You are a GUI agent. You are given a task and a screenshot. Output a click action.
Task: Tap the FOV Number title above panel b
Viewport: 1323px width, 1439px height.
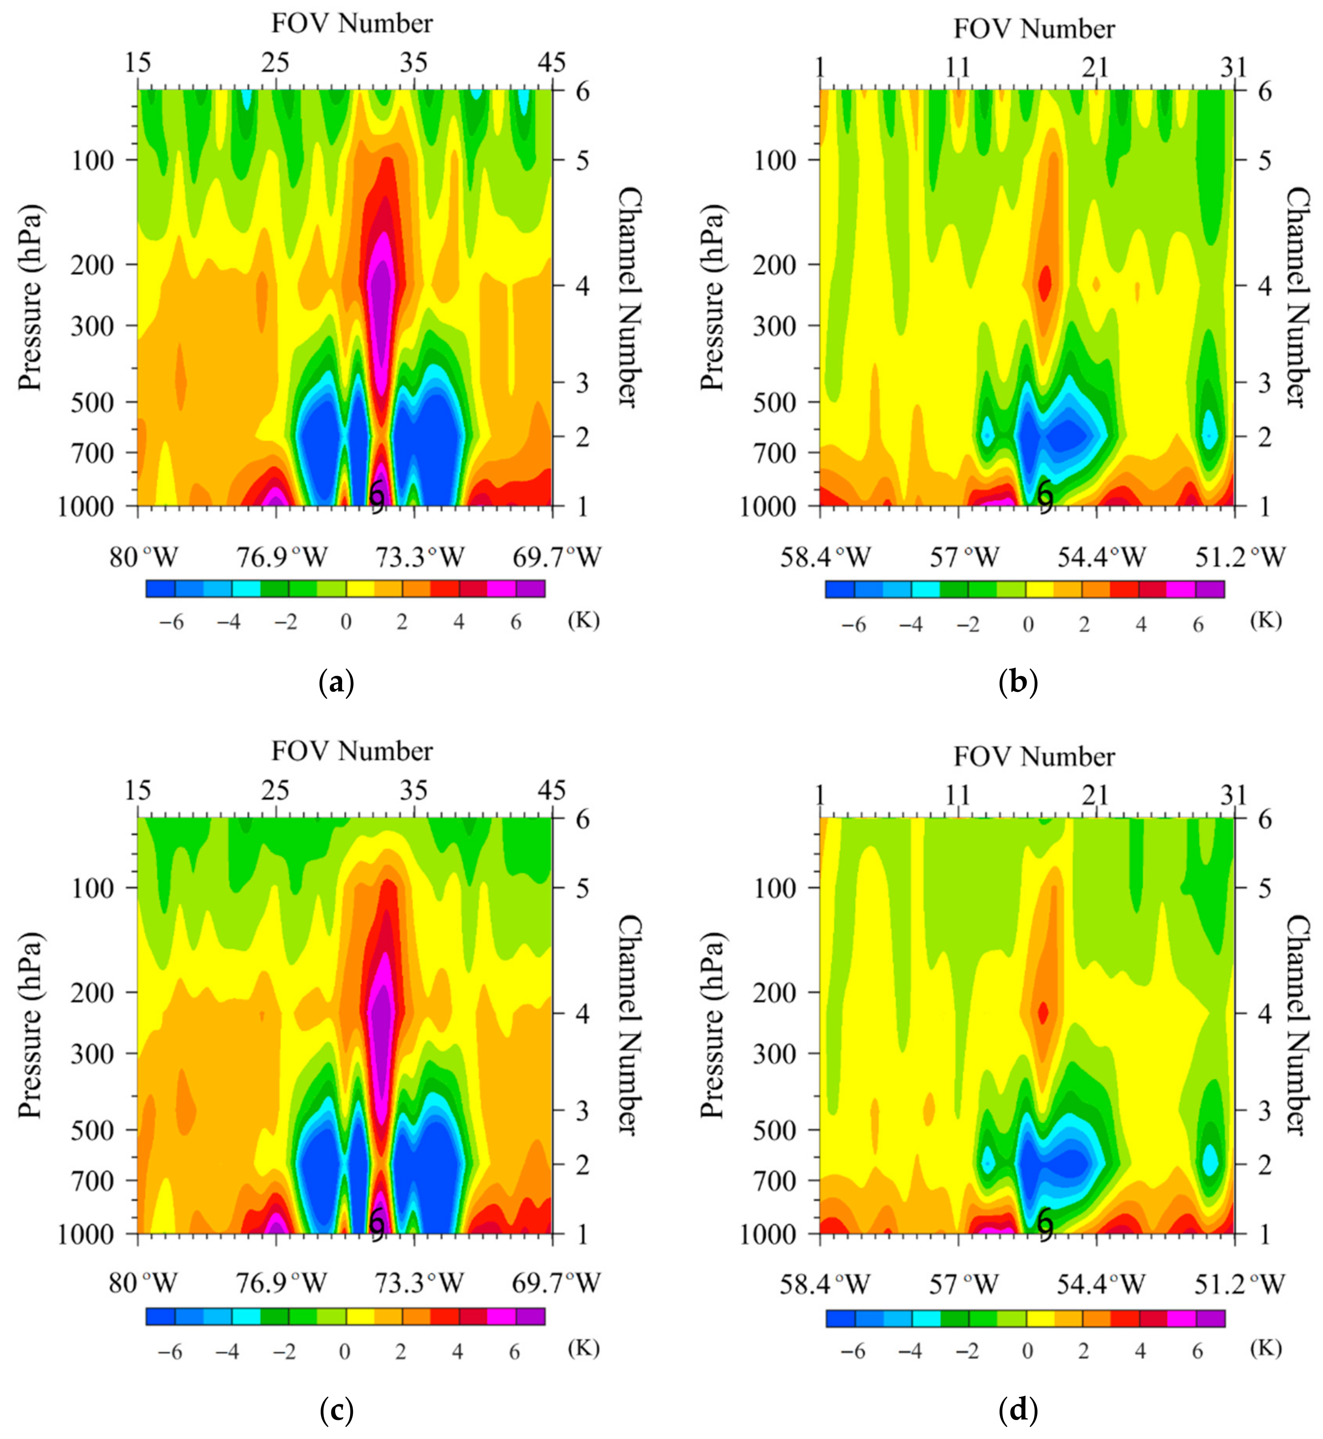point(1034,29)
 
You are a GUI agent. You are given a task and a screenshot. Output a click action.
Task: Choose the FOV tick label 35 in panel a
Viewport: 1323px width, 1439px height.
point(414,64)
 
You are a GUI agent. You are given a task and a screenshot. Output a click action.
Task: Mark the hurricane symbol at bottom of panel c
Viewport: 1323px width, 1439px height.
point(377,1224)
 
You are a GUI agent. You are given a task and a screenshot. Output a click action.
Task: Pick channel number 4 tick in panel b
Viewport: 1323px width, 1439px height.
point(1265,286)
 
